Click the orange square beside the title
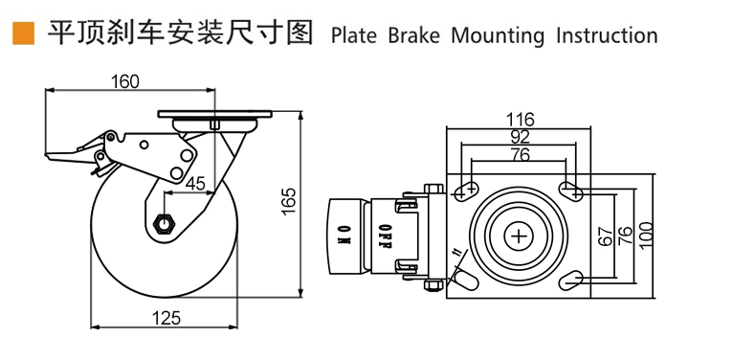(23, 34)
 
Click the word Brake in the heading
(413, 35)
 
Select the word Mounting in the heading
(498, 36)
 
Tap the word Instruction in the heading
(607, 35)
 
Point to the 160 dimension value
(124, 82)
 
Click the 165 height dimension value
(288, 201)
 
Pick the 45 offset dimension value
(195, 184)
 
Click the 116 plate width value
(520, 119)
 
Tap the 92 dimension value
(520, 137)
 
